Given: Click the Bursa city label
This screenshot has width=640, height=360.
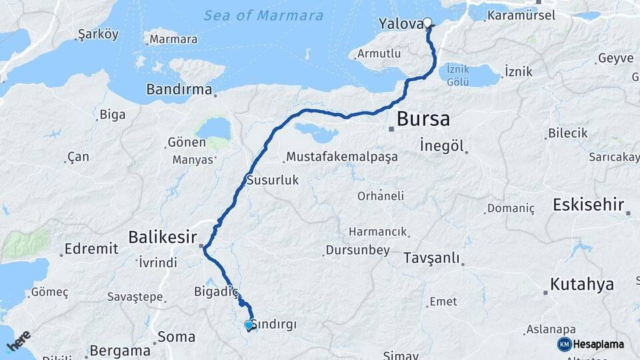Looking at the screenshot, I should pyautogui.click(x=423, y=119).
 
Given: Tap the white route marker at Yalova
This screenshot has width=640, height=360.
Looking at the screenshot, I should pyautogui.click(x=427, y=23).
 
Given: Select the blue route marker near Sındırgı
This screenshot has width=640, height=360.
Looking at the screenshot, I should pyautogui.click(x=249, y=325).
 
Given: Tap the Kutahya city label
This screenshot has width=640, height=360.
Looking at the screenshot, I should pyautogui.click(x=581, y=285).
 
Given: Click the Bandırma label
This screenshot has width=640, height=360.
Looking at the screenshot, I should pyautogui.click(x=179, y=89).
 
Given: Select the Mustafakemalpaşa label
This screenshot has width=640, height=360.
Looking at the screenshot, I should pyautogui.click(x=341, y=157).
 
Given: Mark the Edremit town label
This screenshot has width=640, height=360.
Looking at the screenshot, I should pyautogui.click(x=91, y=249).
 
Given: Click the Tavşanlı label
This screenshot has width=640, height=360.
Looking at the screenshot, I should pyautogui.click(x=431, y=258).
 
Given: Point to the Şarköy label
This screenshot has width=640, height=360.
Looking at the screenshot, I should pyautogui.click(x=98, y=34).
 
